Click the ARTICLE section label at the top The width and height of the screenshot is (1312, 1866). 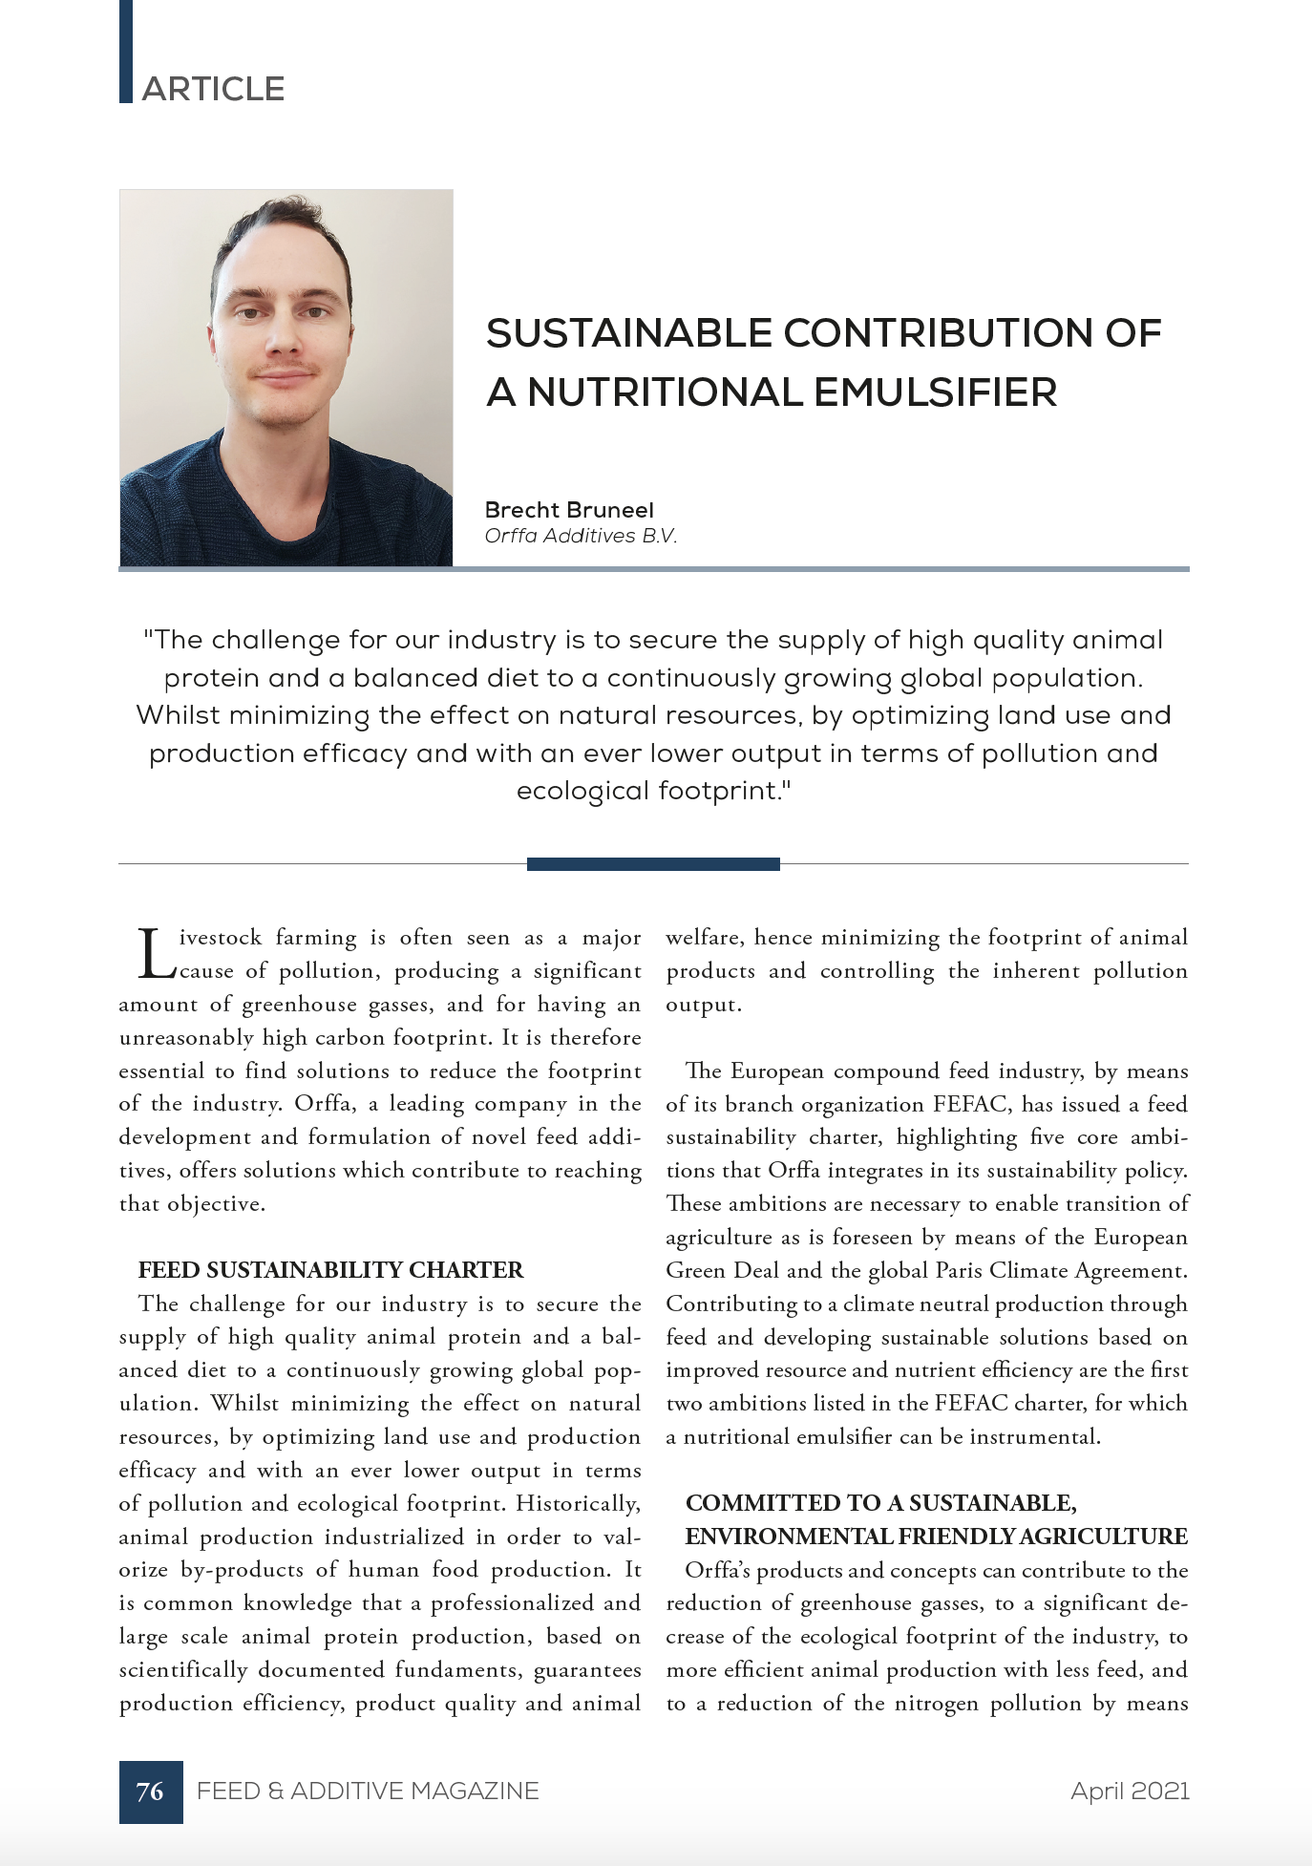(x=213, y=89)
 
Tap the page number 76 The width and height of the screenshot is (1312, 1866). (x=150, y=1791)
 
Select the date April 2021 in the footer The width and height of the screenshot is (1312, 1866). (x=1130, y=1791)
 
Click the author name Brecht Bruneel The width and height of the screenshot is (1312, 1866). (x=569, y=510)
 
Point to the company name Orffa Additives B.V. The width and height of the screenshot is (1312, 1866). (x=581, y=536)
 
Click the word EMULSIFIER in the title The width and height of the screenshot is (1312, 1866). (x=935, y=392)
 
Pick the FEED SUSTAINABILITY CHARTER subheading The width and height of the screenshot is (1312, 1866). (x=330, y=1270)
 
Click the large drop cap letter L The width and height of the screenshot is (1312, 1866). (x=155, y=954)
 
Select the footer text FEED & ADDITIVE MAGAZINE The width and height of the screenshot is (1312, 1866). (x=368, y=1791)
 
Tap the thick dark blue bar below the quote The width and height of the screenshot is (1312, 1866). (x=653, y=864)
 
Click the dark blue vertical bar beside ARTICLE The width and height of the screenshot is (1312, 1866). (x=125, y=52)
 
